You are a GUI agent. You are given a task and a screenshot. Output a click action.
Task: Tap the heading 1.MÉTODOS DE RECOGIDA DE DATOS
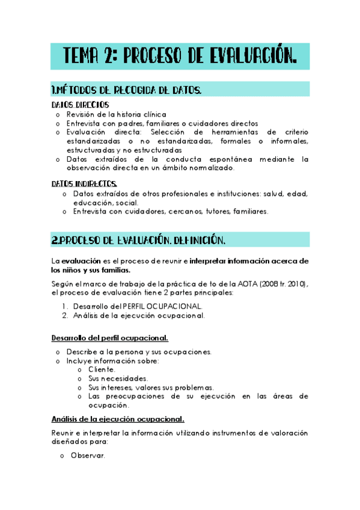(126, 90)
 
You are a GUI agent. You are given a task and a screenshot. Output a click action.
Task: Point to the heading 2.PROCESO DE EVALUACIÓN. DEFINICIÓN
(139, 241)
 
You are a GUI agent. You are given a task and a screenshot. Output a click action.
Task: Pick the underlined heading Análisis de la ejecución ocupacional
(118, 419)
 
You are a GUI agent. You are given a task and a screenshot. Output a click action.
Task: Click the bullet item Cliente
(102, 369)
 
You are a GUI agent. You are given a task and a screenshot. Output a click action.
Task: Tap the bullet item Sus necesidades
(118, 378)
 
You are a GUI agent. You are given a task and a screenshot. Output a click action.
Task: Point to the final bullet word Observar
(88, 456)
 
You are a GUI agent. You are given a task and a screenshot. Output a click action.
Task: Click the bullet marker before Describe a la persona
(57, 352)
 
